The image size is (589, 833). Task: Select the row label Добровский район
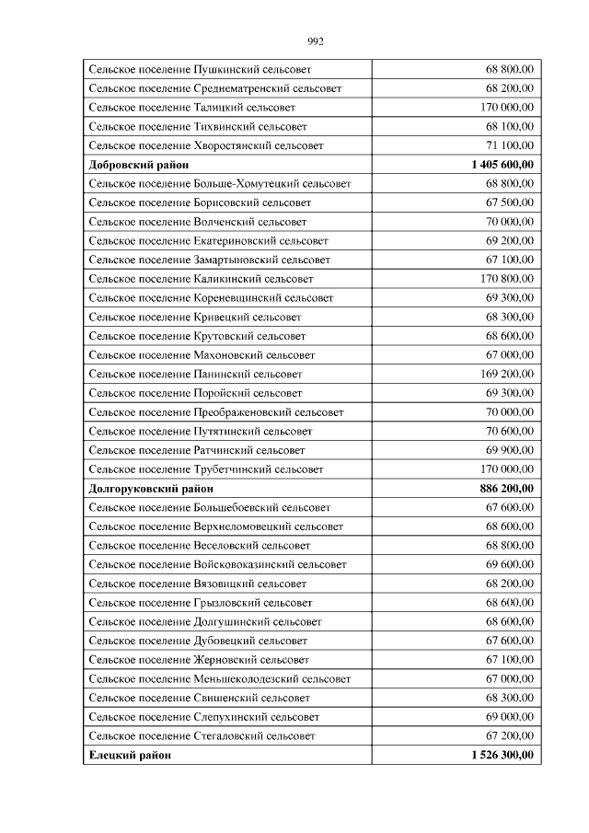139,165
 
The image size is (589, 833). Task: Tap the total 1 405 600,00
502,165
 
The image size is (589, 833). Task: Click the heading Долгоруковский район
151,489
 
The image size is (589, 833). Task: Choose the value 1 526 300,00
502,756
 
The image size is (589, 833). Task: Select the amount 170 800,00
507,279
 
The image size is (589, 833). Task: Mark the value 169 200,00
507,375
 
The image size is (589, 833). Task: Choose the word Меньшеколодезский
248,679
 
